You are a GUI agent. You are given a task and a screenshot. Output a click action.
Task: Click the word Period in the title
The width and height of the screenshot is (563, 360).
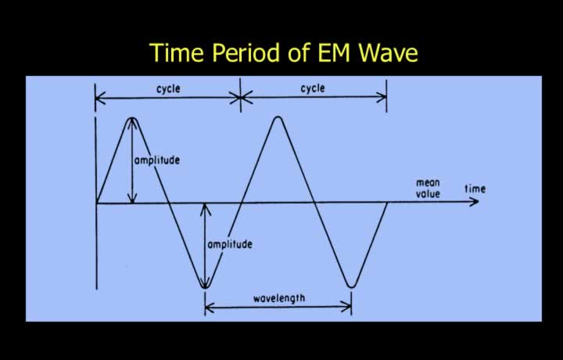(246, 52)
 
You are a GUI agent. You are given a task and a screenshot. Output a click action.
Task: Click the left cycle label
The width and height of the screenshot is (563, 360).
(168, 88)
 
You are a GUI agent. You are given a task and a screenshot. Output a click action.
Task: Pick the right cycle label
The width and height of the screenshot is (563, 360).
(313, 88)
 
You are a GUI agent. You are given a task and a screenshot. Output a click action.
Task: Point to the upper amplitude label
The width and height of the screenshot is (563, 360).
(157, 160)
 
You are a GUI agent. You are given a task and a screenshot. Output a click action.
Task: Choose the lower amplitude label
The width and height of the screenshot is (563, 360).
(230, 244)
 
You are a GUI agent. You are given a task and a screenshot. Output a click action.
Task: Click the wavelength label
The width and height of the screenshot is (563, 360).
(279, 298)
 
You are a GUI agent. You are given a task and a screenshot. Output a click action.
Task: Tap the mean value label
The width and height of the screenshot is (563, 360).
(428, 189)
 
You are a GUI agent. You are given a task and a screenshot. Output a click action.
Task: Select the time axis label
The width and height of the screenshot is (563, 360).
(475, 189)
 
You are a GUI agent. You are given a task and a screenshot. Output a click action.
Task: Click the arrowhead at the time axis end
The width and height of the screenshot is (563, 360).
(475, 202)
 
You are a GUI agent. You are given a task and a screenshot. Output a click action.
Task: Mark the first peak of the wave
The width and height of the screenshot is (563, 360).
(132, 118)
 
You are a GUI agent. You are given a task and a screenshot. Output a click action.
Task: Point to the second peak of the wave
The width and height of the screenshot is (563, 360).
(278, 117)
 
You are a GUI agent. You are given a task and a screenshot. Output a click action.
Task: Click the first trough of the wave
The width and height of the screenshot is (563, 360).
(205, 287)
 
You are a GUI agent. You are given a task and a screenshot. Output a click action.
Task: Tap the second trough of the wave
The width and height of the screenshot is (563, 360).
(352, 286)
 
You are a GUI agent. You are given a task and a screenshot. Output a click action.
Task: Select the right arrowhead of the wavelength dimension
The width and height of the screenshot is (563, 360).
(347, 307)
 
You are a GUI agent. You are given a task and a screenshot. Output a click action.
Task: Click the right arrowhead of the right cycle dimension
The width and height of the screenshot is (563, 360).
(382, 97)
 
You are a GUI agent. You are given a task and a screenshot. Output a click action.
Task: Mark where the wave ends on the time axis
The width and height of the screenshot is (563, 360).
(387, 203)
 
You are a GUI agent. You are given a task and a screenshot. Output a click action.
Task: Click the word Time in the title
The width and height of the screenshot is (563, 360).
(178, 52)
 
